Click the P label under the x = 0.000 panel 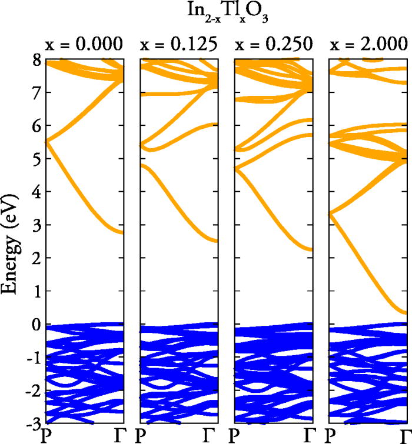45,435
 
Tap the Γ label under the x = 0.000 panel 119,435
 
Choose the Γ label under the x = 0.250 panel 309,435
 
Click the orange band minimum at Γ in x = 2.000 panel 405,313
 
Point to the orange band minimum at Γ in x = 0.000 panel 121,233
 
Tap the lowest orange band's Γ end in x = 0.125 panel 215,241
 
